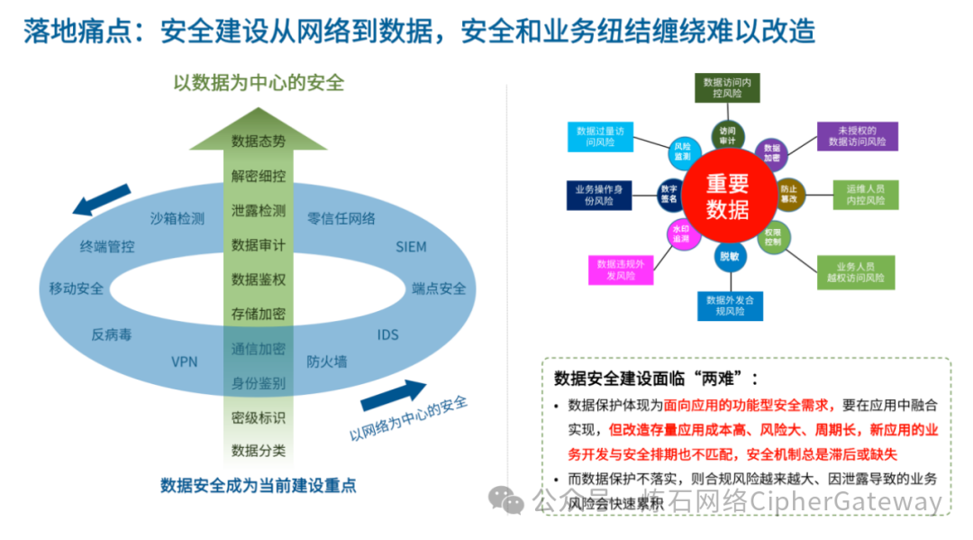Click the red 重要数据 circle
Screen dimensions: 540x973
pyautogui.click(x=726, y=197)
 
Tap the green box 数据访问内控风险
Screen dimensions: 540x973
pyautogui.click(x=726, y=87)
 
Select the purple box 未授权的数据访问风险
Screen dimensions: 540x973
pyautogui.click(x=857, y=136)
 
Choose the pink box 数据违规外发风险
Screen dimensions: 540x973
pyautogui.click(x=622, y=270)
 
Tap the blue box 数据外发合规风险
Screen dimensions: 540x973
pyautogui.click(x=730, y=305)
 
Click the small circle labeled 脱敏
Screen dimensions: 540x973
pyautogui.click(x=728, y=256)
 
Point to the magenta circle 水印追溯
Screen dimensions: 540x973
pyautogui.click(x=679, y=234)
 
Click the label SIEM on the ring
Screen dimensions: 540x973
pyautogui.click(x=411, y=246)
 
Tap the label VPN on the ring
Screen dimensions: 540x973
pyautogui.click(x=185, y=362)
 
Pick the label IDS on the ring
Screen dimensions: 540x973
pyautogui.click(x=387, y=335)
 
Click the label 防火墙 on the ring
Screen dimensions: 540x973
pyautogui.click(x=326, y=362)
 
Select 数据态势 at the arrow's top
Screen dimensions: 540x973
pyautogui.click(x=258, y=141)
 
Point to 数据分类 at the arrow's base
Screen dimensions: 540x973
pyautogui.click(x=258, y=451)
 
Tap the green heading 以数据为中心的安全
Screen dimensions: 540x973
pyautogui.click(x=259, y=83)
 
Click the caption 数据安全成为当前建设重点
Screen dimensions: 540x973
pyautogui.click(x=259, y=485)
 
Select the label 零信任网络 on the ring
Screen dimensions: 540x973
pyautogui.click(x=341, y=218)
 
